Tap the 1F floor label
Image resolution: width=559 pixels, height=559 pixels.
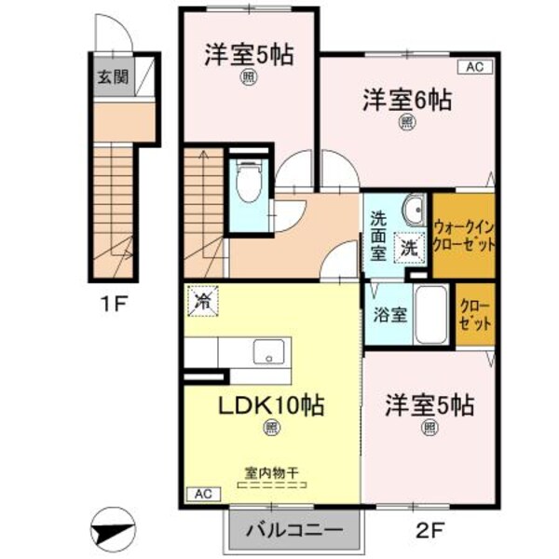click(x=115, y=303)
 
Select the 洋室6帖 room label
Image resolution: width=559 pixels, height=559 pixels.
click(x=407, y=99)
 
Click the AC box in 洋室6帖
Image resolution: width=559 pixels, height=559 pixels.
click(x=472, y=66)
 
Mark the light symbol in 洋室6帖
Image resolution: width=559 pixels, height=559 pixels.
click(x=407, y=121)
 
